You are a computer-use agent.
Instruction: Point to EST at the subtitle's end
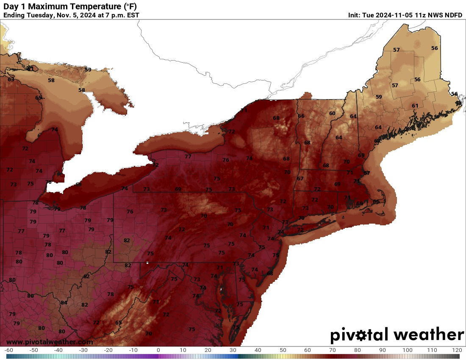132,15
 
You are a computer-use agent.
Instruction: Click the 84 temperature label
64,302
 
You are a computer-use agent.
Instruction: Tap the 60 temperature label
332,113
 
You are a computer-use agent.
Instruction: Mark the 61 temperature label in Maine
415,105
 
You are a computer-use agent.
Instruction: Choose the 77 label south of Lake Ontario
188,156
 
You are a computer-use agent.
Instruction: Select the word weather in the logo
429,335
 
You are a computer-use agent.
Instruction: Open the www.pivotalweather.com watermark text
50,342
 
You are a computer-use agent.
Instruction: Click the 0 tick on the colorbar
158,350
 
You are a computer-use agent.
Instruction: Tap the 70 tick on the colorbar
333,350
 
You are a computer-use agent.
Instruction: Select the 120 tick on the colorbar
457,350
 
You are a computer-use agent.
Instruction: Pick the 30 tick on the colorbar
233,350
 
